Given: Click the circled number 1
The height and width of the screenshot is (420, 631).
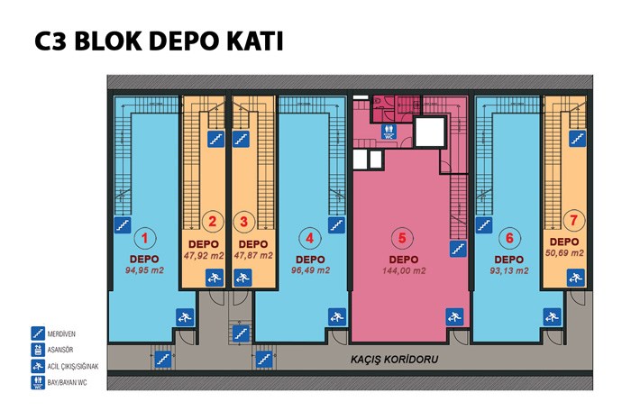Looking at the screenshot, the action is click(144, 239).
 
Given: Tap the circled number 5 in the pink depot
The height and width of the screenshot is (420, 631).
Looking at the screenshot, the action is click(402, 238).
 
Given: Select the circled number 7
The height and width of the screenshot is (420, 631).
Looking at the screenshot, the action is click(573, 221).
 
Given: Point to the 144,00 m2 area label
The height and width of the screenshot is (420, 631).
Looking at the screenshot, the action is click(404, 270).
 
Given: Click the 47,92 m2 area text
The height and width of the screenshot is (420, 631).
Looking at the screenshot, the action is click(204, 255).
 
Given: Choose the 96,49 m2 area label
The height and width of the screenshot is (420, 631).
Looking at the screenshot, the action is click(310, 270).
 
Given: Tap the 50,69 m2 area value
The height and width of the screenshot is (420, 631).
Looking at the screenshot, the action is click(564, 253).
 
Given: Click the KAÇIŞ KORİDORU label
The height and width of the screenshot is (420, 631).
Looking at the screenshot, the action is click(395, 359).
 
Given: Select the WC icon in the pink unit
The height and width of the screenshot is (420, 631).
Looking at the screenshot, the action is click(389, 132).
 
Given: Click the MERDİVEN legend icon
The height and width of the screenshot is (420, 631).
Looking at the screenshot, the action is click(38, 333).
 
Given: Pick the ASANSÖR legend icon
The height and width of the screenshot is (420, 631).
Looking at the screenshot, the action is click(38, 350).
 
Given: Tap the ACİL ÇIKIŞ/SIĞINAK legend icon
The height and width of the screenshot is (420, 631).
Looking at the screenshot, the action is click(38, 366).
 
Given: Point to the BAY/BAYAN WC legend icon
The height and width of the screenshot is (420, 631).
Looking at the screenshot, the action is click(38, 382).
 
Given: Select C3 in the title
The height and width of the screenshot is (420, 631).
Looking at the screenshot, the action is click(50, 41).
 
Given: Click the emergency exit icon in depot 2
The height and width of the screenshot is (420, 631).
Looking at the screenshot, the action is click(215, 278).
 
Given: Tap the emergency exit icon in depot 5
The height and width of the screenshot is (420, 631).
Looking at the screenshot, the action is click(454, 317).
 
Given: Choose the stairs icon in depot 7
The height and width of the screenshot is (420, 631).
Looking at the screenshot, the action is click(578, 139).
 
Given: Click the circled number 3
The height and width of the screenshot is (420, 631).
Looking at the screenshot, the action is click(244, 221).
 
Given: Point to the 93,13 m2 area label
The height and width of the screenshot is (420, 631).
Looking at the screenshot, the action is click(509, 270).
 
